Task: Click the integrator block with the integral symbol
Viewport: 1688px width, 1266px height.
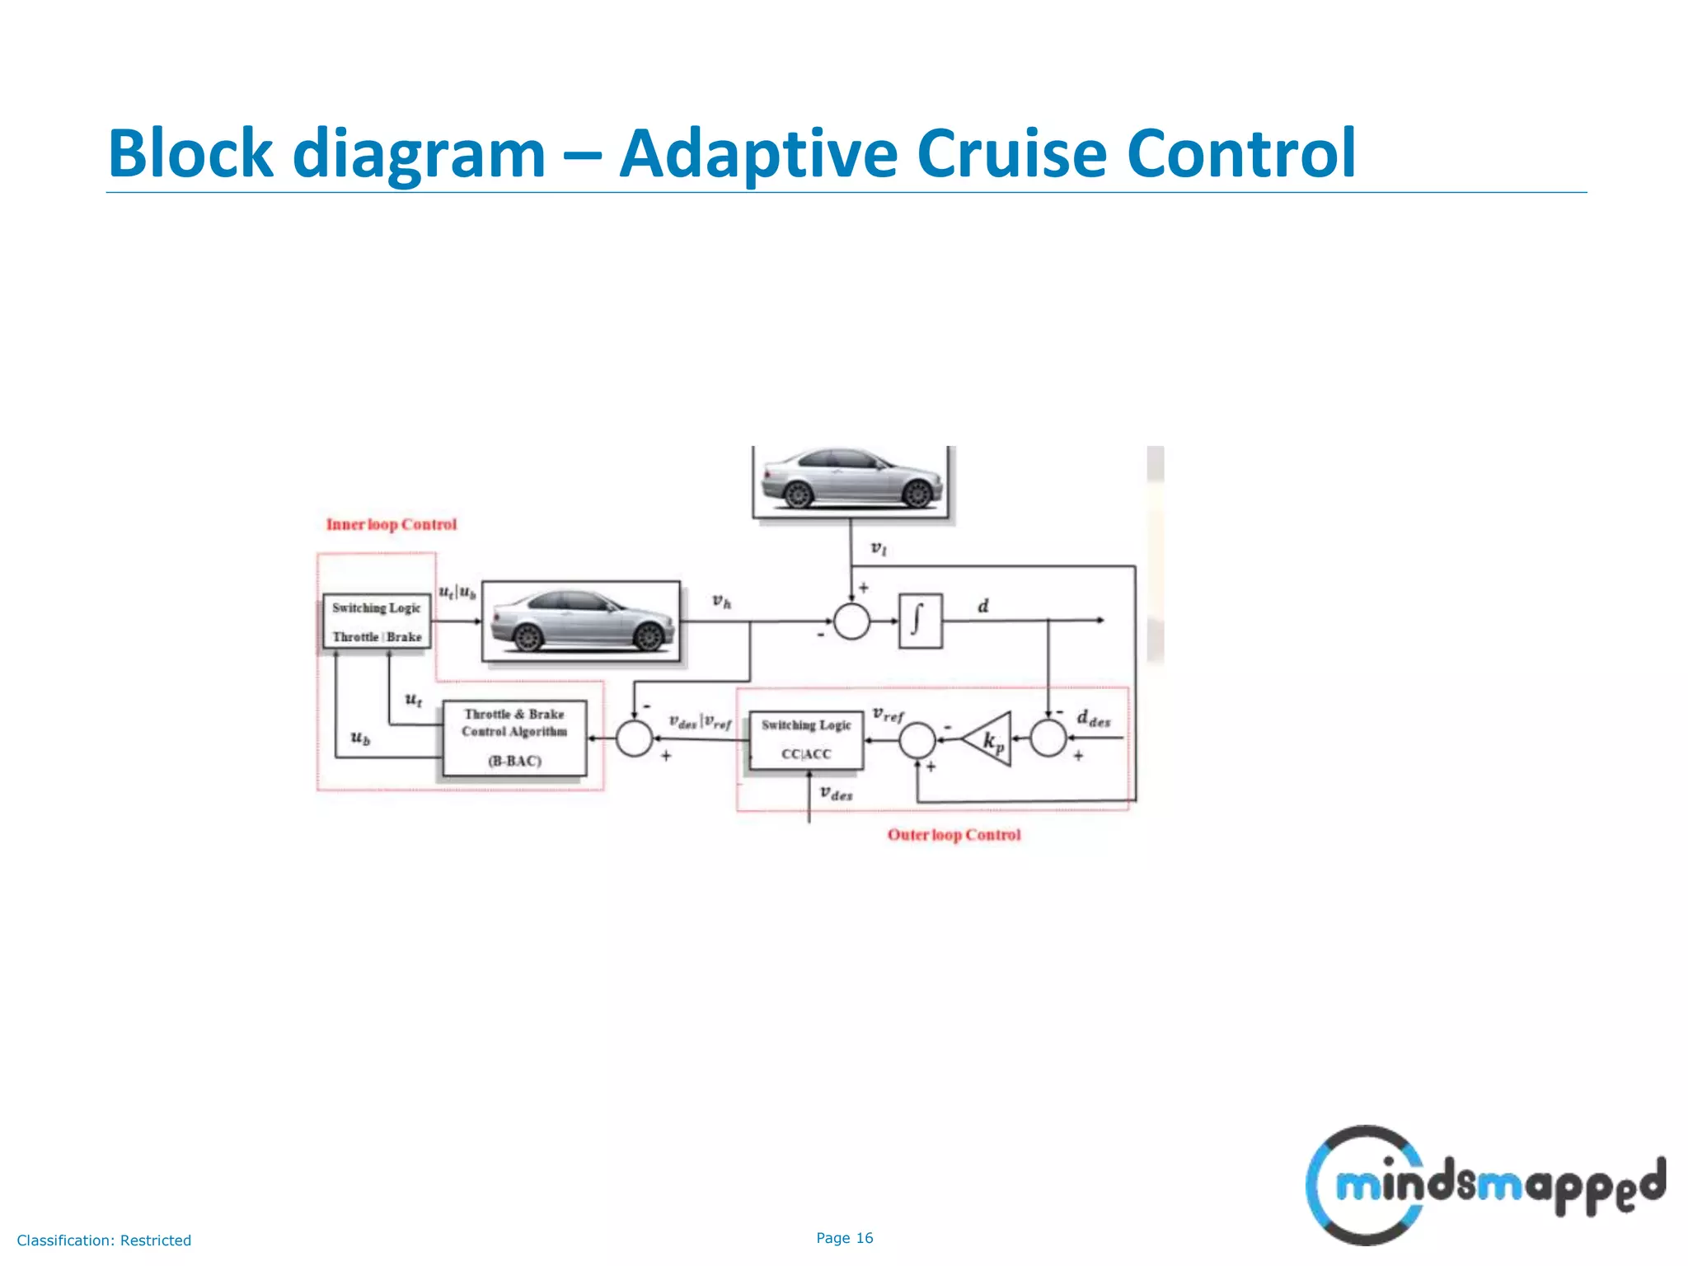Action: coord(920,621)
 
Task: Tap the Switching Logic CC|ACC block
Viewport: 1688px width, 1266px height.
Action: coord(806,740)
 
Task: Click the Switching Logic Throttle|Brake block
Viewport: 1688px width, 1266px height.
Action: coord(377,621)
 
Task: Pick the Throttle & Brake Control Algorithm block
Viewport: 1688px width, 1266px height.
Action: coord(514,738)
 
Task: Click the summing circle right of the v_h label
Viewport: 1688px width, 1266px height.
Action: coord(851,621)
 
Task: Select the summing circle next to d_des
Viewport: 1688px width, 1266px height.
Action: coord(1048,738)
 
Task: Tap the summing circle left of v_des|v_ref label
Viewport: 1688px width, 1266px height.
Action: coord(635,738)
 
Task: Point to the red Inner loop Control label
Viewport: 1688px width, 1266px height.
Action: coord(391,524)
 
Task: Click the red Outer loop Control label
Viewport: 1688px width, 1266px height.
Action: coord(954,835)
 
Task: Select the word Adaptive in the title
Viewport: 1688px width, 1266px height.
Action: coord(757,153)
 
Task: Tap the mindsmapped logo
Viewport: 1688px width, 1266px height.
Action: coord(1484,1185)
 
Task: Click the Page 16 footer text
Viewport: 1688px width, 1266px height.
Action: coord(844,1238)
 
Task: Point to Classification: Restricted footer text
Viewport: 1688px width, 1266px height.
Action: coord(104,1240)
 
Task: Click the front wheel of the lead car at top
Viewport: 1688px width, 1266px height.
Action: coord(917,494)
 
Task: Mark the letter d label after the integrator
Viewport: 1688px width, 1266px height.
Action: coord(982,607)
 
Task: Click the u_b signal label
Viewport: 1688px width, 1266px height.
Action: coord(360,738)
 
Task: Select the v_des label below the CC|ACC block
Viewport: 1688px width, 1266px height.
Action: coord(836,794)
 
